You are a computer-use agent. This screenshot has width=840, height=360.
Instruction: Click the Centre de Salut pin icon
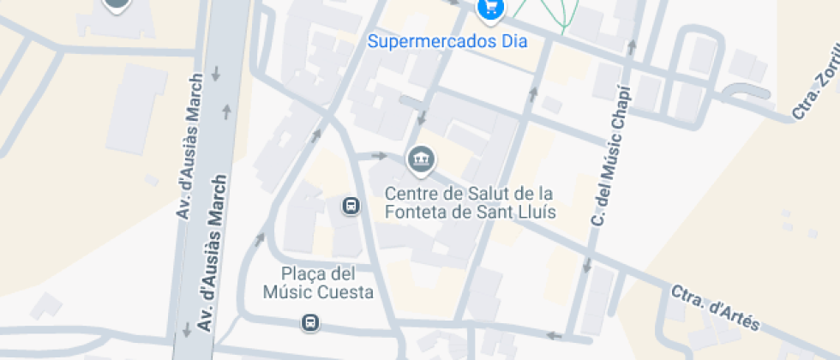421,159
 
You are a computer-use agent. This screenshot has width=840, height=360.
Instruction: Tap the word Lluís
536,212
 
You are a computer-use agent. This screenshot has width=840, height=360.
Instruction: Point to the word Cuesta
346,293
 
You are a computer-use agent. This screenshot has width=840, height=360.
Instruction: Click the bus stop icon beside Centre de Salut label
351,206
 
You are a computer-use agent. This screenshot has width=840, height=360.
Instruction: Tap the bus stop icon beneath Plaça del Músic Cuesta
309,323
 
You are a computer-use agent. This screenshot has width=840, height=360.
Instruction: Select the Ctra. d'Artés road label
716,307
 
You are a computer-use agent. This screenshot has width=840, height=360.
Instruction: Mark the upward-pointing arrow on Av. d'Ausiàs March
227,111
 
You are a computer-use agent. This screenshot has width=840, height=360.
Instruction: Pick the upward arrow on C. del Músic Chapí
632,45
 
